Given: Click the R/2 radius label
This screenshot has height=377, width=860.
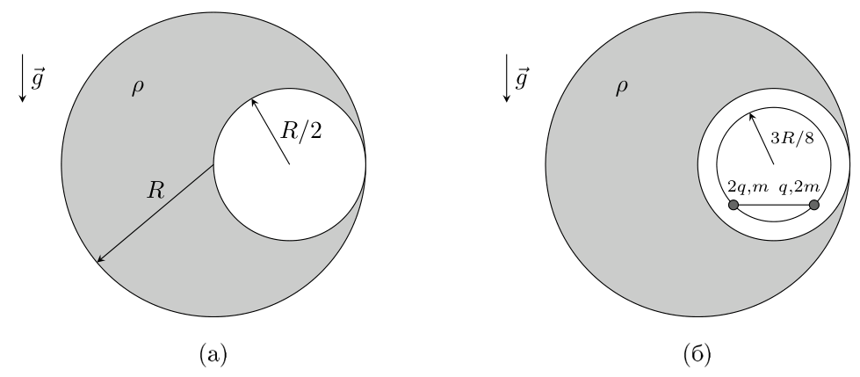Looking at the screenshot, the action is (x=300, y=131).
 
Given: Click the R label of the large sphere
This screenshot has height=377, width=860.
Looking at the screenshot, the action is (x=155, y=191).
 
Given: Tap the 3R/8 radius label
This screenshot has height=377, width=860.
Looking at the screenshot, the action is (x=792, y=138).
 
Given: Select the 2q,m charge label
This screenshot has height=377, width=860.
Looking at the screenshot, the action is (x=748, y=187).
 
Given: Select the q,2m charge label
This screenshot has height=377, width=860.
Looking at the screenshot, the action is (x=799, y=187).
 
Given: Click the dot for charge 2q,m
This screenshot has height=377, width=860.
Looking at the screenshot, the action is (x=734, y=206).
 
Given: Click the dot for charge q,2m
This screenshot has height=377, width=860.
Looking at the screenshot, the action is (x=814, y=206).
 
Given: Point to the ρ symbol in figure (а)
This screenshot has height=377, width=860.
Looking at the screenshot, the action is (x=138, y=88).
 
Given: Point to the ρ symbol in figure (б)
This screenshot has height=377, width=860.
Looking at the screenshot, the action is (x=621, y=88).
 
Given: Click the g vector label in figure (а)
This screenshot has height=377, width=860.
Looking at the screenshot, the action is (x=38, y=79).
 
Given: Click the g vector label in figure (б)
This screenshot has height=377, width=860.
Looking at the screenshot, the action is (x=522, y=79).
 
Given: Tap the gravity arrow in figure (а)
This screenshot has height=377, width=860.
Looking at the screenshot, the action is (x=23, y=78).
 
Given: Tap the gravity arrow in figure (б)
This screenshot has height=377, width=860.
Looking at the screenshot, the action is (x=507, y=78).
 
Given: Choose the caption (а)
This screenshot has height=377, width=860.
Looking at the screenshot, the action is (x=213, y=354).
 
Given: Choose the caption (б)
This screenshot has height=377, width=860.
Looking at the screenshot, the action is (x=697, y=354).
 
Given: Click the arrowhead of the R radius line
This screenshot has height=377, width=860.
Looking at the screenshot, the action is (x=99, y=259).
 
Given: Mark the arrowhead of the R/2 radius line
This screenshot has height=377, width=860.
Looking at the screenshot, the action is (x=253, y=101).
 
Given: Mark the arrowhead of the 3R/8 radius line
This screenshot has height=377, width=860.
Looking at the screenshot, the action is (x=751, y=115).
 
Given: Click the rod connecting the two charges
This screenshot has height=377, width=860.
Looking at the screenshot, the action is (x=774, y=206).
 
